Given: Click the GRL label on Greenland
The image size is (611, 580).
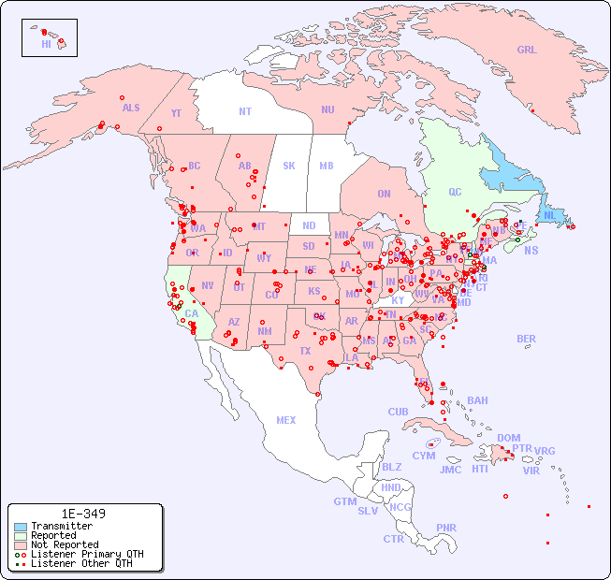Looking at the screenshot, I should point(527,51).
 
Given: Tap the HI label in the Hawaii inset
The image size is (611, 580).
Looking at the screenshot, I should point(46,44).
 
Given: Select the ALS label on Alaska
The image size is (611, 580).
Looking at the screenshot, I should point(131,108).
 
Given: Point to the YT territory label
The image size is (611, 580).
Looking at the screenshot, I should point(176,112).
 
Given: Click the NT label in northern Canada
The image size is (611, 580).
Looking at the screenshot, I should point(245,111).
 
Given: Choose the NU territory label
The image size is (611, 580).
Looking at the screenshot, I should point(327,109).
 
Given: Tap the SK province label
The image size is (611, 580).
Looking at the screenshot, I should point(289,166).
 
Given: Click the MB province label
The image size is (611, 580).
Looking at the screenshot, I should point(326,166).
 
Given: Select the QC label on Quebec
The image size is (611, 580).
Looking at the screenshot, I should point(455,192).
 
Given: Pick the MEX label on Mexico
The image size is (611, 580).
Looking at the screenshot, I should point(286,420).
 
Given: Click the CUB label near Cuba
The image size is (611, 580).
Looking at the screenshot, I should point(398,412).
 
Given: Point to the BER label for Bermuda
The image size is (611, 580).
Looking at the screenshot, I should point(527,339).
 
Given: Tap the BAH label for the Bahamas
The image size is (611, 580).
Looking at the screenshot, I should point(477,400).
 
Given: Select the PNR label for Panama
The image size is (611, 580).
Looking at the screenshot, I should point(446,528).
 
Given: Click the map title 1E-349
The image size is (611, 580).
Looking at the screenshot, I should point(83,514).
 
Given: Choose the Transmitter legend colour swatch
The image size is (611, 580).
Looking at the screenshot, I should point(21,527).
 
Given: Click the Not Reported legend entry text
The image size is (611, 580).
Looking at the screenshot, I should point(65,544).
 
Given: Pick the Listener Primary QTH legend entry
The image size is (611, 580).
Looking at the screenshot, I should point(87,554).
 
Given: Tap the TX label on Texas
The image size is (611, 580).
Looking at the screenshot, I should point(305,351).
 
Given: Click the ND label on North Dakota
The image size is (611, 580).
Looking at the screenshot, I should point(309,225).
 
